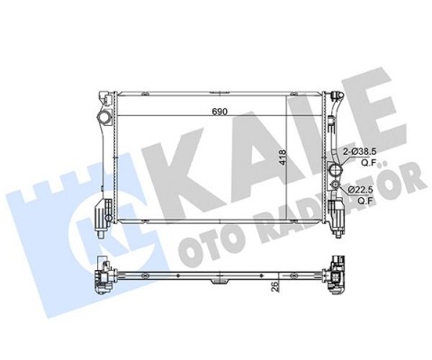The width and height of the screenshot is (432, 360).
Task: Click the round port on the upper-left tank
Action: click(108, 118)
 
